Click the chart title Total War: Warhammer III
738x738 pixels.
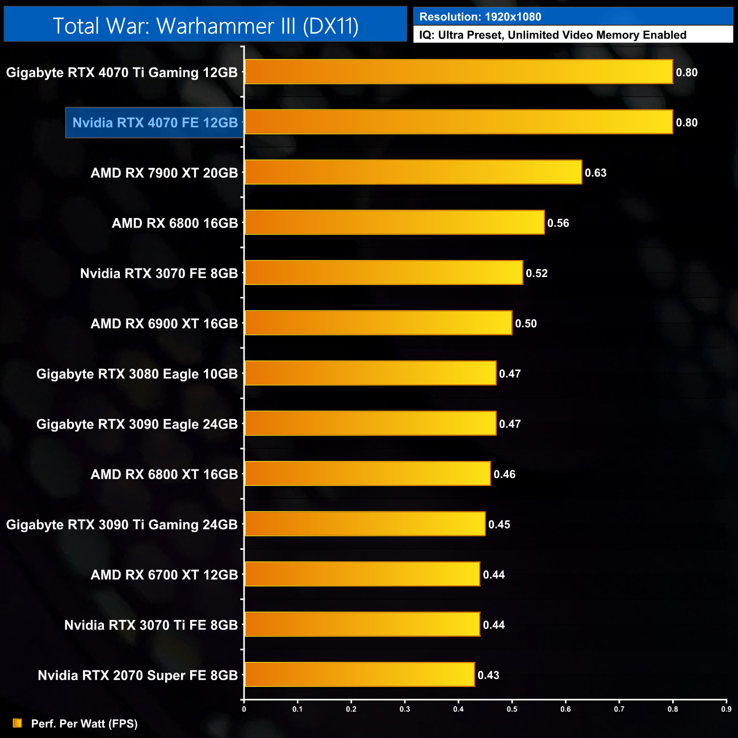(x=206, y=26)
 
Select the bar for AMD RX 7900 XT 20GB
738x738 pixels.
(x=413, y=172)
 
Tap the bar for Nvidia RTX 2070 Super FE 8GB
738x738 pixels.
(x=359, y=674)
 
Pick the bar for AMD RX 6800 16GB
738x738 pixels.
(x=395, y=223)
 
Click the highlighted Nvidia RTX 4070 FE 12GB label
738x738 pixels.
(x=155, y=123)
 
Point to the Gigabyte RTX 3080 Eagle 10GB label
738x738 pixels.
(x=137, y=374)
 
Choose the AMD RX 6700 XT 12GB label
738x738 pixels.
(x=164, y=575)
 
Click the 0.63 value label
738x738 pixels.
(x=596, y=173)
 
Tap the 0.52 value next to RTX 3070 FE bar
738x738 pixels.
(x=536, y=273)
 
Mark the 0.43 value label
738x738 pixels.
(x=488, y=675)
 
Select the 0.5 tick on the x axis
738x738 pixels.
(x=512, y=709)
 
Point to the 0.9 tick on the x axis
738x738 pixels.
(x=726, y=709)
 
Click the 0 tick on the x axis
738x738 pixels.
(x=244, y=709)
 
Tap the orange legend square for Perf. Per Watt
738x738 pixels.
(x=18, y=723)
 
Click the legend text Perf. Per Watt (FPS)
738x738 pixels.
(x=84, y=724)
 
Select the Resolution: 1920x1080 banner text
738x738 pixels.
(x=480, y=17)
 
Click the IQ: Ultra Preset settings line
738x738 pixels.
(x=552, y=35)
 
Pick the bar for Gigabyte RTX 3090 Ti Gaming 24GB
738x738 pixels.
(x=365, y=523)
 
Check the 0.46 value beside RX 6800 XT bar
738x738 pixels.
(x=504, y=474)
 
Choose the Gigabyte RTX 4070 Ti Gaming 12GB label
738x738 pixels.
(x=121, y=73)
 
